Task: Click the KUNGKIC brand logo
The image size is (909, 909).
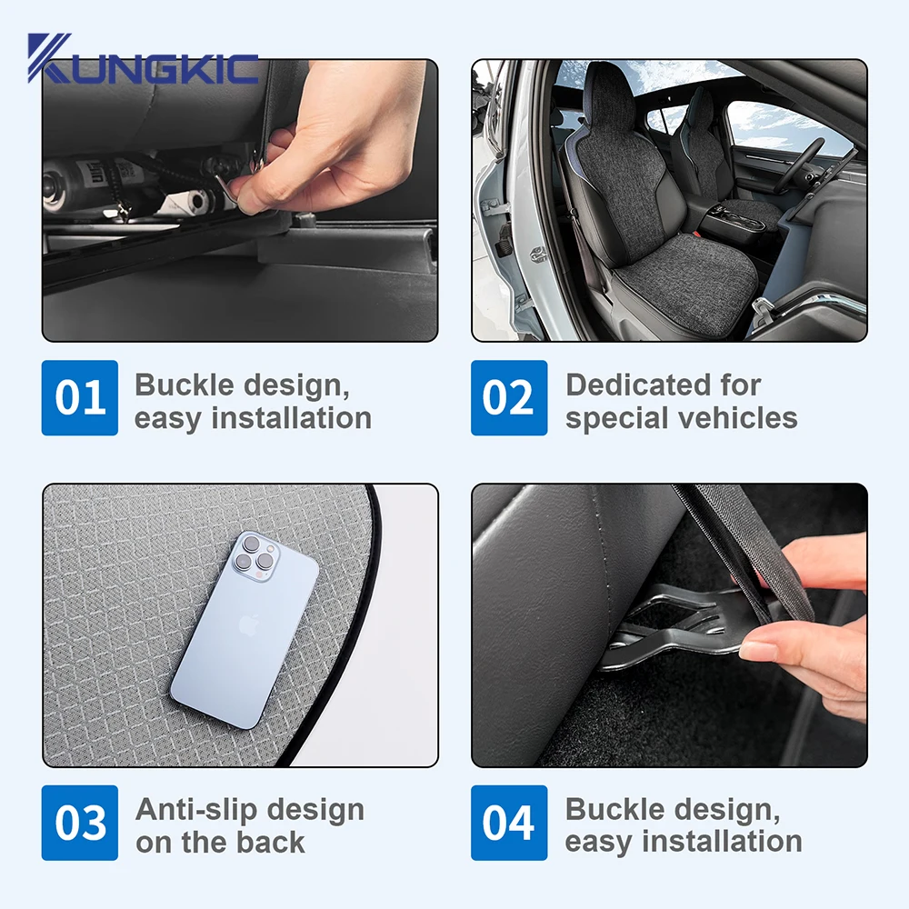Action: click(143, 58)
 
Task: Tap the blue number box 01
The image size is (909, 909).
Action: click(80, 398)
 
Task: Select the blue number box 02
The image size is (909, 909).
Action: click(509, 398)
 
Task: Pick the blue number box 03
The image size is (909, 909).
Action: click(80, 823)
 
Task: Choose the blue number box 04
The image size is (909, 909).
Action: click(509, 823)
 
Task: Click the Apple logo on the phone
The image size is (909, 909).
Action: click(249, 625)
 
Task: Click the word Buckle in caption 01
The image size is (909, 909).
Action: click(184, 385)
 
